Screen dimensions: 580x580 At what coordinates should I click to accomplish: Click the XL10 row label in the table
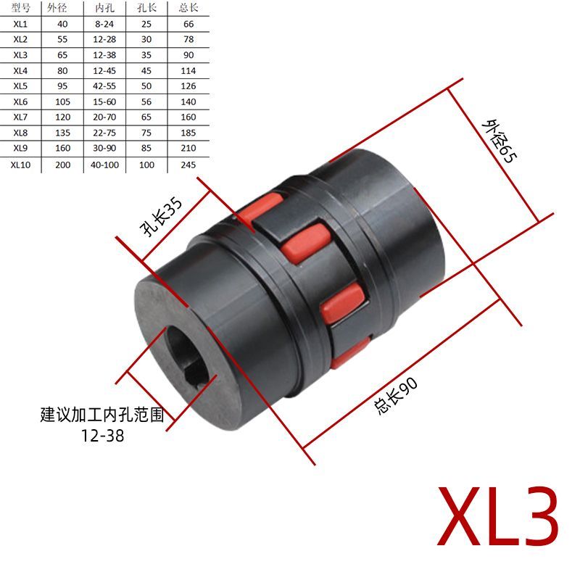click(20, 165)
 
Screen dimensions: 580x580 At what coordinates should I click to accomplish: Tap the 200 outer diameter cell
click(63, 165)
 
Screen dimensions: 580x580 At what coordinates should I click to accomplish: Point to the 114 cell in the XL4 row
click(188, 70)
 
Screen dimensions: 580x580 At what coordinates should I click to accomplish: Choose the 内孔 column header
click(104, 8)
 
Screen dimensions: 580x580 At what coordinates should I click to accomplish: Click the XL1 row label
click(20, 23)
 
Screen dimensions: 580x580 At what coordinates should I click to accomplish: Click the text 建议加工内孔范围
click(101, 416)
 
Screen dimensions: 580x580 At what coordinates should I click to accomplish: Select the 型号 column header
click(20, 8)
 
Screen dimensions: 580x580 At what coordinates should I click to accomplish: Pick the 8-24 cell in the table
click(104, 23)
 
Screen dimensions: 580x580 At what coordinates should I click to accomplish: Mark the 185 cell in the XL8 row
click(188, 133)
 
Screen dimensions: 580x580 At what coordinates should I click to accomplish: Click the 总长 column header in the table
click(188, 8)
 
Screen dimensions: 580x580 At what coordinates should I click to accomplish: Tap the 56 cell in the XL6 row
click(146, 102)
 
